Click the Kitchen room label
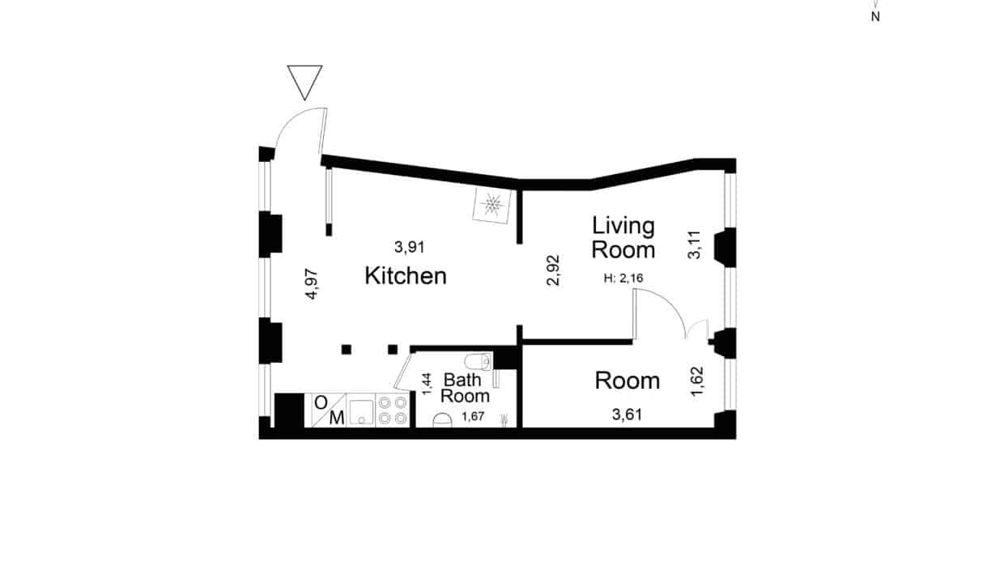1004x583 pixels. pyautogui.click(x=406, y=275)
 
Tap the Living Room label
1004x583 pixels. pyautogui.click(x=623, y=238)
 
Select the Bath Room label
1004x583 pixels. pyautogui.click(x=465, y=388)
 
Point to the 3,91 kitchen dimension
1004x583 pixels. pyautogui.click(x=409, y=247)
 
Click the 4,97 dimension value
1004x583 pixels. pyautogui.click(x=312, y=283)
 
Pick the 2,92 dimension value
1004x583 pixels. pyautogui.click(x=554, y=270)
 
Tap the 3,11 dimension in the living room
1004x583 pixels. pyautogui.click(x=694, y=245)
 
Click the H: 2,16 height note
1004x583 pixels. pyautogui.click(x=623, y=279)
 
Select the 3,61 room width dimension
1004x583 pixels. pyautogui.click(x=627, y=415)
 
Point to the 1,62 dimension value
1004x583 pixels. pyautogui.click(x=697, y=381)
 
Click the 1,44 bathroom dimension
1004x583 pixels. pyautogui.click(x=427, y=384)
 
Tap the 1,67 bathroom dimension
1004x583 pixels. pyautogui.click(x=473, y=417)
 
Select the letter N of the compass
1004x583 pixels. pyautogui.click(x=875, y=17)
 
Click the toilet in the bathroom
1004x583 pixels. pyautogui.click(x=478, y=361)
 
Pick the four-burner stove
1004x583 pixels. pyautogui.click(x=393, y=410)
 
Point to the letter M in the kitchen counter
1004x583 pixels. pyautogui.click(x=337, y=418)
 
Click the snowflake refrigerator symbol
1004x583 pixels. pyautogui.click(x=492, y=205)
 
